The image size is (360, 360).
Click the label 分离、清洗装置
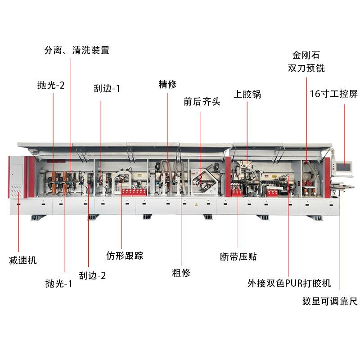tap(76, 50)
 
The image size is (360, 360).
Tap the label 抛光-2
tap(51, 85)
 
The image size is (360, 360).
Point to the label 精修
tap(167, 84)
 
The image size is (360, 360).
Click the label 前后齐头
tap(202, 101)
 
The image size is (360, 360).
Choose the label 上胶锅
tap(247, 94)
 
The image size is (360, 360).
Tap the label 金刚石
tap(306, 55)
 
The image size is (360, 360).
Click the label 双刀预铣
tap(306, 68)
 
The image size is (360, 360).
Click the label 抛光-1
tap(59, 283)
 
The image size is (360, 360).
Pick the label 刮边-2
tap(92, 275)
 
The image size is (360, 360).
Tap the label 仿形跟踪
tap(125, 256)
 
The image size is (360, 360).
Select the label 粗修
tap(181, 272)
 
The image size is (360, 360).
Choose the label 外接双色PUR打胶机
tap(289, 283)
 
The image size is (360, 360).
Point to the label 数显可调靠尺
tap(330, 301)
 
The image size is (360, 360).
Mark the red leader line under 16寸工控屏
tap(345, 130)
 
